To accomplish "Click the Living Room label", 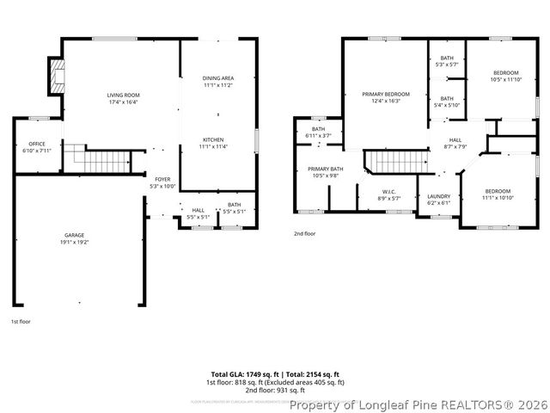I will point(123,98).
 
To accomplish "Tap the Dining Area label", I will point(218,82).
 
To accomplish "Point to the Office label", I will point(36,147).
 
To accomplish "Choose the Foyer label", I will point(162,182).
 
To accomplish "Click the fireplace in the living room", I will point(58,77).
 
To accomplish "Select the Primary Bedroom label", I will point(385,97).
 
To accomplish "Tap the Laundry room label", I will point(438,200).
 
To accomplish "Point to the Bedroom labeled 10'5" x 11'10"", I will point(504,77).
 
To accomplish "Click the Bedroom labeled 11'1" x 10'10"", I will point(497,194).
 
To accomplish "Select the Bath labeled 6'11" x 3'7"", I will point(318,133).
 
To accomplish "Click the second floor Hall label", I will point(455,143).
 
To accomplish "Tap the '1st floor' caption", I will point(21,322).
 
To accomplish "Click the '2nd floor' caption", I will point(305,233).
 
